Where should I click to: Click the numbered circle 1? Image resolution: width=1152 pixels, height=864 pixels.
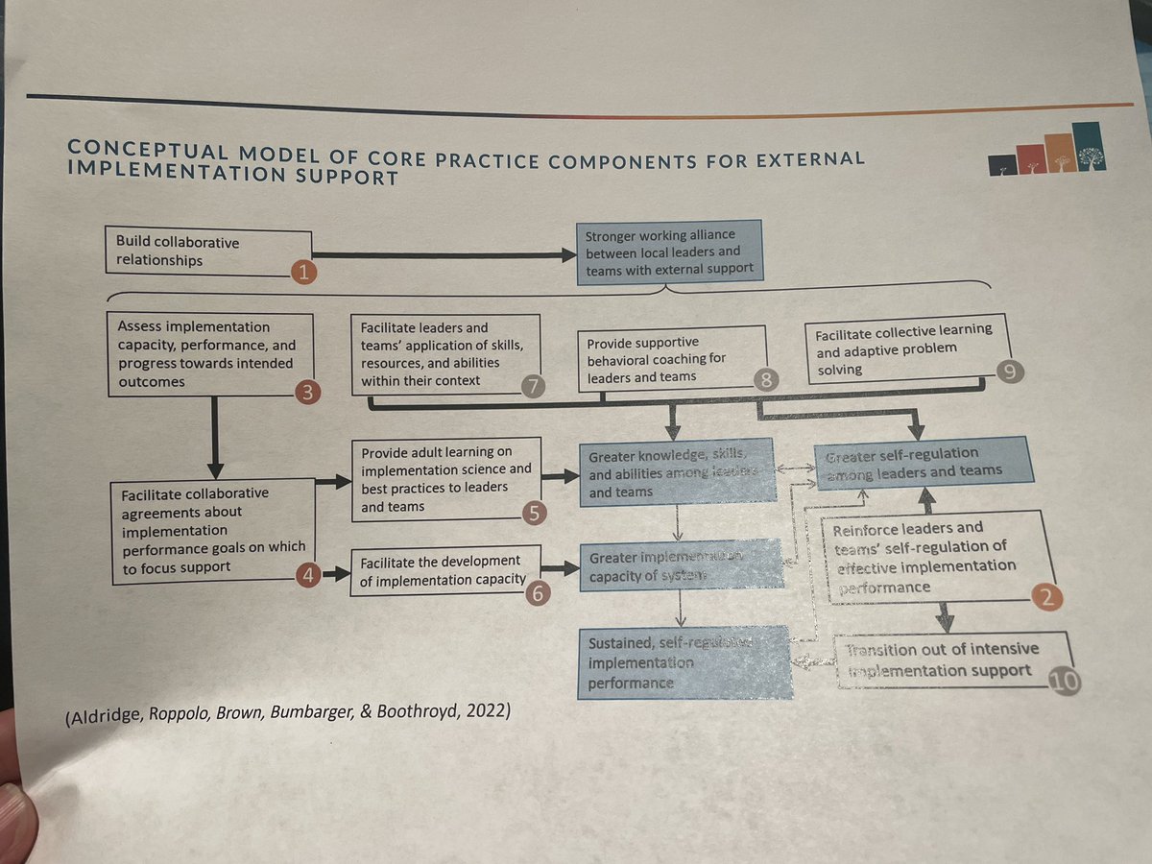(x=302, y=273)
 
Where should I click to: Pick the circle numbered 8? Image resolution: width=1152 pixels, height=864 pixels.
(x=765, y=380)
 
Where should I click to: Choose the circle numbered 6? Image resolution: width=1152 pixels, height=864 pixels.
(x=540, y=593)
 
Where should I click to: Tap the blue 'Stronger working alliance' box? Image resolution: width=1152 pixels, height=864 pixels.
(x=670, y=252)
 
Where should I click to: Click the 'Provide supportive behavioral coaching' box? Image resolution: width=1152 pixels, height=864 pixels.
(x=672, y=358)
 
